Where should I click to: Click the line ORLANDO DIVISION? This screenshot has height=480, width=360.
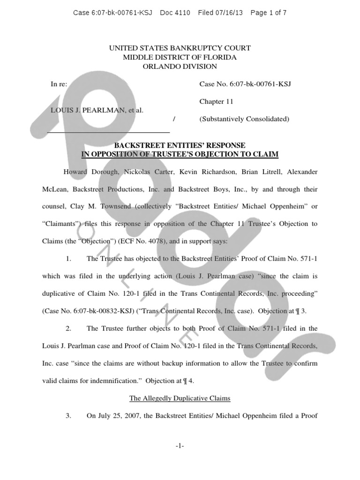(x=180, y=67)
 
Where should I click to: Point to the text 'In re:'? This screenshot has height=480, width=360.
(x=59, y=84)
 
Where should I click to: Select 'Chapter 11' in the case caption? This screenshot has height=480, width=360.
(x=216, y=101)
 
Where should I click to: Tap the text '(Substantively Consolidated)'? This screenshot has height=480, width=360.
(x=244, y=119)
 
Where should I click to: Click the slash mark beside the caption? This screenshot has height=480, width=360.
(x=174, y=120)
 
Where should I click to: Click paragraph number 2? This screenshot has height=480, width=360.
(x=68, y=329)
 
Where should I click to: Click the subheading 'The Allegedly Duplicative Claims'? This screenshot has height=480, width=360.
(x=180, y=398)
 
